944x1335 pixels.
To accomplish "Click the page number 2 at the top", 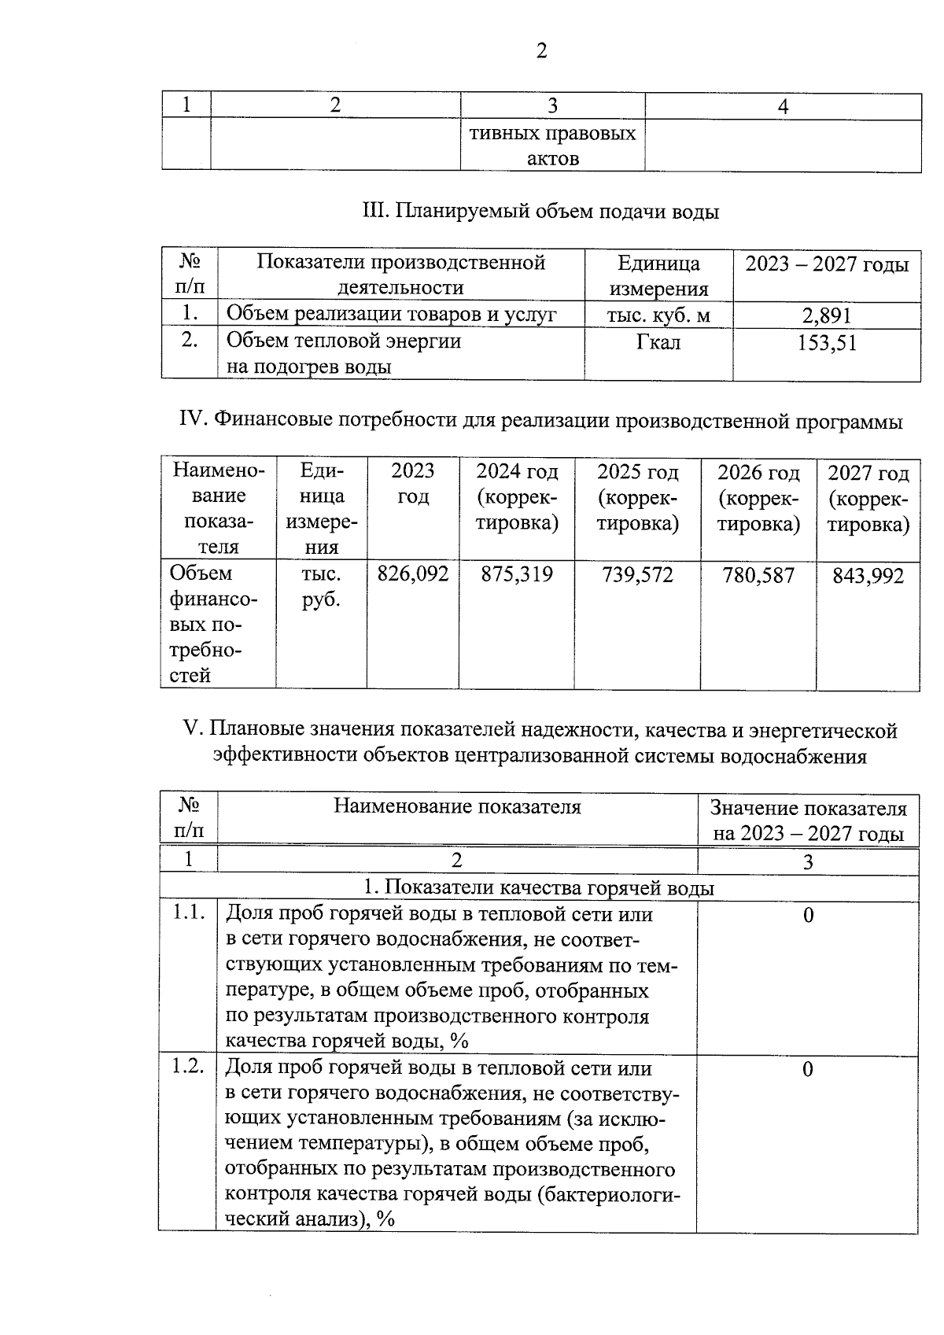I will pyautogui.click(x=540, y=52).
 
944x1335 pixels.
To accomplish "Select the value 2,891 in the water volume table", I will pyautogui.click(x=826, y=316).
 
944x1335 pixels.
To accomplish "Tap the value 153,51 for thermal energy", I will pyautogui.click(x=826, y=343).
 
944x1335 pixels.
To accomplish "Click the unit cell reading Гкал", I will pyautogui.click(x=658, y=343).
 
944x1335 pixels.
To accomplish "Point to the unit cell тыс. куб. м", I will pyautogui.click(x=658, y=316).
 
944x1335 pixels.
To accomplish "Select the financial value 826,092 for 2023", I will pyautogui.click(x=413, y=574).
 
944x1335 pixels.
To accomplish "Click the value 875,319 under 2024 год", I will pyautogui.click(x=517, y=574).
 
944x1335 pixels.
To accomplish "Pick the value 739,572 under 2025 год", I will pyautogui.click(x=637, y=575).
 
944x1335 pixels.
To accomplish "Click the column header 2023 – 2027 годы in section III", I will pyautogui.click(x=827, y=264).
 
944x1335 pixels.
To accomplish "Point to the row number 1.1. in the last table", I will pyautogui.click(x=189, y=913).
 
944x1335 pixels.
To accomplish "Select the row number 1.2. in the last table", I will pyautogui.click(x=189, y=1068).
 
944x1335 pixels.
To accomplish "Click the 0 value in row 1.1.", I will pyautogui.click(x=808, y=915).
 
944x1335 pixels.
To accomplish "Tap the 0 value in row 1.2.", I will pyautogui.click(x=807, y=1069).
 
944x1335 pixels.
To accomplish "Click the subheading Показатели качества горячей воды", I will pyautogui.click(x=539, y=888).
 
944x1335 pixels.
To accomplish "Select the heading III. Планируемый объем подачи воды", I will pyautogui.click(x=540, y=212).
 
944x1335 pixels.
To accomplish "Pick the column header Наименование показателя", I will pyautogui.click(x=457, y=806).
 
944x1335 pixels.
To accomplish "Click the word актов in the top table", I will pyautogui.click(x=552, y=159).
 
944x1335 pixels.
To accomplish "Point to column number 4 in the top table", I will pyautogui.click(x=783, y=107).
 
